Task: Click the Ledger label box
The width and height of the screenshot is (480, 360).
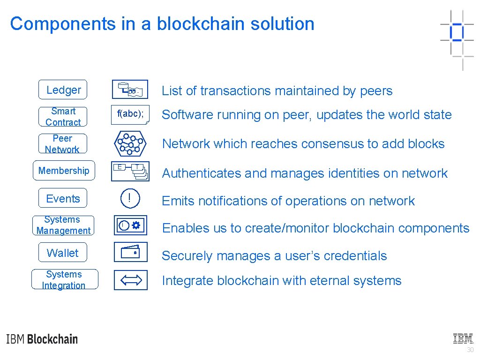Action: click(x=63, y=90)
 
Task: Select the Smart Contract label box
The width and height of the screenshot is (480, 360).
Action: click(x=63, y=117)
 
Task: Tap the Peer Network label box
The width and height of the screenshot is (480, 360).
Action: click(x=62, y=144)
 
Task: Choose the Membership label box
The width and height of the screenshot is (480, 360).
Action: click(x=64, y=171)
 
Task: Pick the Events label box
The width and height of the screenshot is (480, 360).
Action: click(x=63, y=199)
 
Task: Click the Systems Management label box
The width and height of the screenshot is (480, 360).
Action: click(x=63, y=225)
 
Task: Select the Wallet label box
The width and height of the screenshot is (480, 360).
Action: click(x=63, y=253)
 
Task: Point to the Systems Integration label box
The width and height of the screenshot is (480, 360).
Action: click(x=64, y=280)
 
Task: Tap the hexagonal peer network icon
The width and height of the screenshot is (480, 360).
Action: click(x=130, y=144)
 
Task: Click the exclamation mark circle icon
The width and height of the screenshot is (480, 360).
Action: click(x=130, y=199)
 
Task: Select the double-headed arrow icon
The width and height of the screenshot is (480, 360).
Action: click(x=130, y=280)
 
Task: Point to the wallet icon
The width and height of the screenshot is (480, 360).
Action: click(x=130, y=252)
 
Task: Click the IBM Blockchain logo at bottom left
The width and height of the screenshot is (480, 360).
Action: click(x=42, y=339)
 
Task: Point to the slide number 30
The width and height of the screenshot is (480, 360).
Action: click(x=470, y=350)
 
